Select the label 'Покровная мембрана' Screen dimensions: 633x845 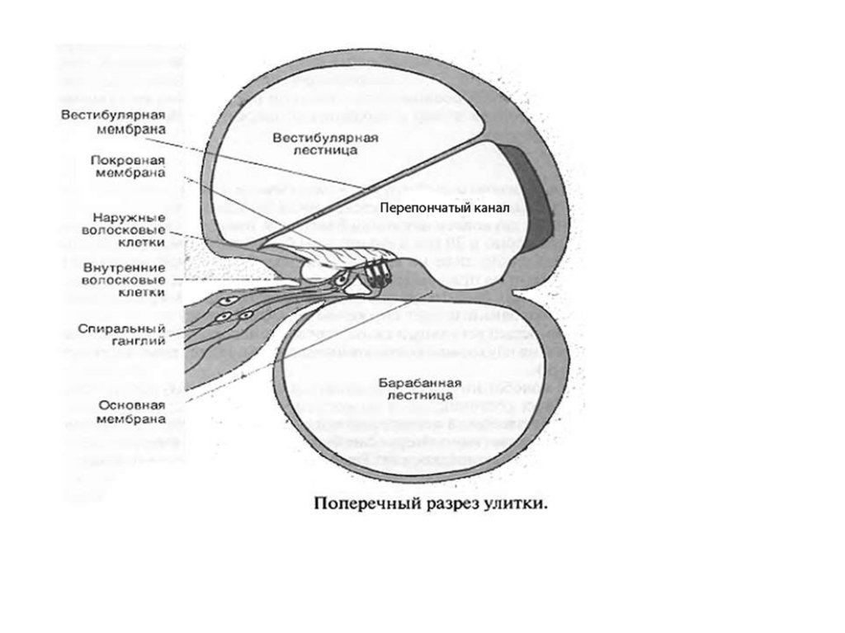tap(126, 165)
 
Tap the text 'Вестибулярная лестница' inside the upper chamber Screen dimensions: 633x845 tap(326, 145)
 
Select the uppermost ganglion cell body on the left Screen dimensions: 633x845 tap(237, 301)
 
